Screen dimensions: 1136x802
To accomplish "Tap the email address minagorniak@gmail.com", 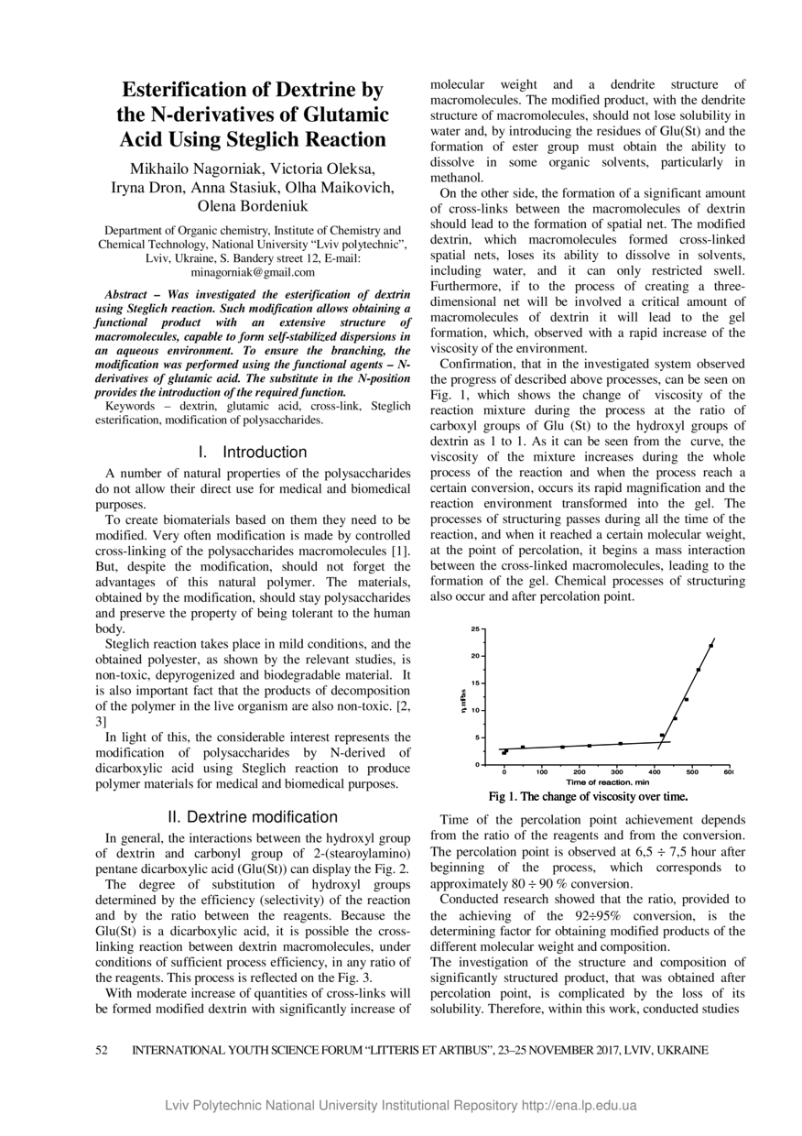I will pyautogui.click(x=253, y=272).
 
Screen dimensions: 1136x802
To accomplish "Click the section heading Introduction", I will pyautogui.click(x=265, y=452).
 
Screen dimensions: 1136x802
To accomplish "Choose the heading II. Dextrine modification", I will pyautogui.click(x=253, y=816).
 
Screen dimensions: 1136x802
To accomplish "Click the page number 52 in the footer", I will pyautogui.click(x=103, y=1050).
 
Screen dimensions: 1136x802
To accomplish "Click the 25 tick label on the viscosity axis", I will pyautogui.click(x=475, y=628).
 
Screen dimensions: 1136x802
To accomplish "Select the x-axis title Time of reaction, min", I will pyautogui.click(x=607, y=782).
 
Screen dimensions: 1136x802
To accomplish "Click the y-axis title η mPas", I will pyautogui.click(x=464, y=698).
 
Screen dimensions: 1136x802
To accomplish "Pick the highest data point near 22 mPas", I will pyautogui.click(x=710, y=646).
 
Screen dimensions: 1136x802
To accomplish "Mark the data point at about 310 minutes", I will pyautogui.click(x=621, y=743).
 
